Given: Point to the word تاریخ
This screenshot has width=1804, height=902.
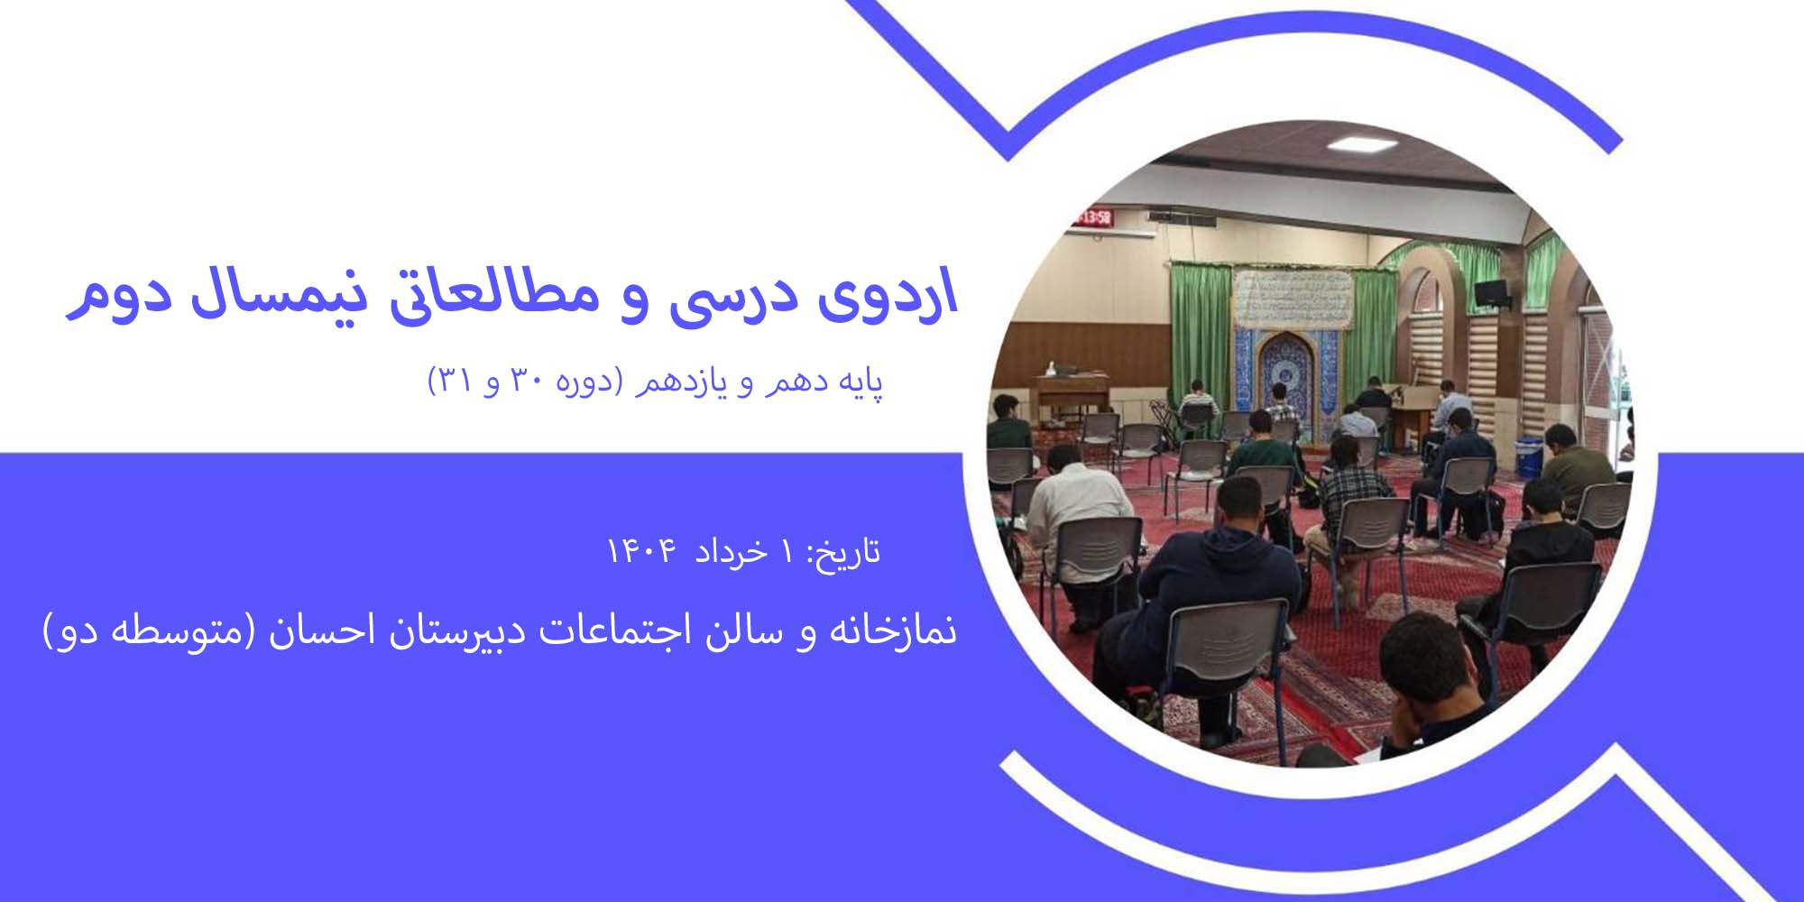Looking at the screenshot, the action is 843,551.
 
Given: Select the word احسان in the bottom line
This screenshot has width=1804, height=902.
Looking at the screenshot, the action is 314,631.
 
